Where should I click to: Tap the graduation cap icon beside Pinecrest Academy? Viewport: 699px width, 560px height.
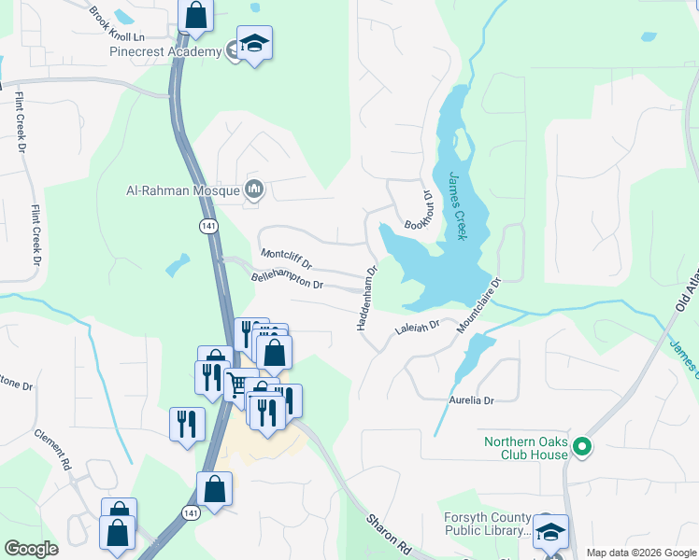click(x=253, y=44)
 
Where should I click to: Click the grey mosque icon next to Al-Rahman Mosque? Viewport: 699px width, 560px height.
click(x=254, y=190)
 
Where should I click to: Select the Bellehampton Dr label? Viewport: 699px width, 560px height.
click(x=287, y=279)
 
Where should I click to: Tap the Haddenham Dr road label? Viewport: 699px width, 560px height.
click(x=366, y=298)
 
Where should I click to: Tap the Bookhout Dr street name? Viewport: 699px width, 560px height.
click(x=417, y=212)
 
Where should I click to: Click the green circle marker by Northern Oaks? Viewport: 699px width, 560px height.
click(x=583, y=448)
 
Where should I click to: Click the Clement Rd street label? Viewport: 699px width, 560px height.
click(x=53, y=450)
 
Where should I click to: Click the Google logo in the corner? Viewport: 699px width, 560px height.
click(x=31, y=549)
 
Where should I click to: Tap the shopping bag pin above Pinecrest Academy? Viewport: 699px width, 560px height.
click(x=195, y=15)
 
